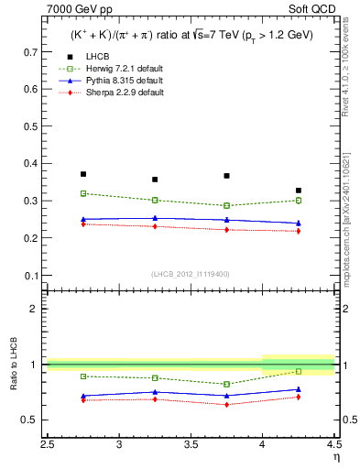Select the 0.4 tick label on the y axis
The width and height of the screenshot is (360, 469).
coord(32,164)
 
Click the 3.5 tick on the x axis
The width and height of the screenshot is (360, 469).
coord(191,445)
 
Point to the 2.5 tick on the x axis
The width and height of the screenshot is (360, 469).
coord(48,445)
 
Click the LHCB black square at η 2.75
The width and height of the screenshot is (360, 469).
coord(83,174)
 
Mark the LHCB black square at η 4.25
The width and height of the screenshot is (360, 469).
coord(298,191)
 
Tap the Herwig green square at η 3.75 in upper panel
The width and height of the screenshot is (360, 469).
coord(226,206)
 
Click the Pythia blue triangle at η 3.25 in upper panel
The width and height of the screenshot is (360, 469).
coord(155,218)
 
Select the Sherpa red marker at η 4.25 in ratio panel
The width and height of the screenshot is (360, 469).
coord(298,397)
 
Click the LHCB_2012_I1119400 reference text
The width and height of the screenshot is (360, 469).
coord(191,274)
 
